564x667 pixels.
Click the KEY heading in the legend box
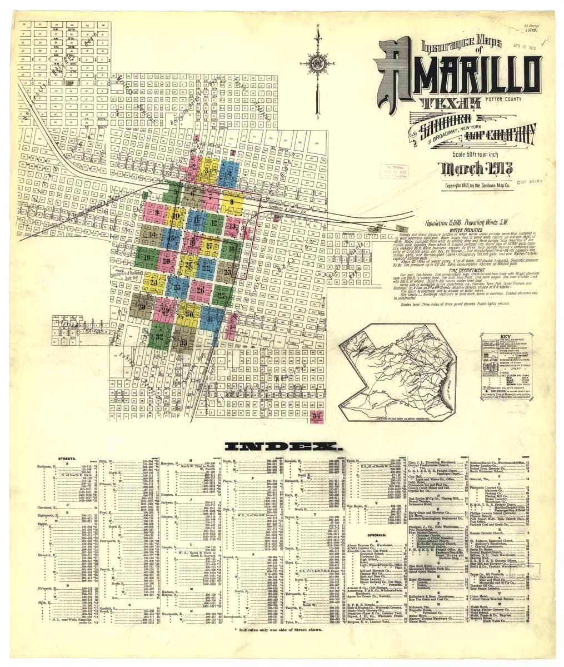[x=505, y=336]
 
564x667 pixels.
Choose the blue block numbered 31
[x=210, y=319]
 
